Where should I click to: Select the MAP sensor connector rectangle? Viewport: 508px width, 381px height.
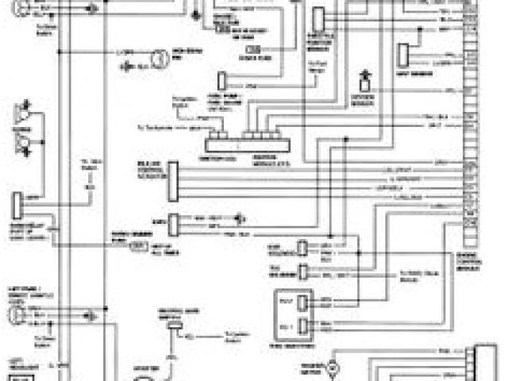[404, 54]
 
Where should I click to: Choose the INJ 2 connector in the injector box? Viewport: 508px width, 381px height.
[303, 302]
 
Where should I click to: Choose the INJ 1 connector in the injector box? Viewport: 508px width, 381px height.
[303, 325]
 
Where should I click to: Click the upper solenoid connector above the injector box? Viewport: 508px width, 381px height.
[302, 248]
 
